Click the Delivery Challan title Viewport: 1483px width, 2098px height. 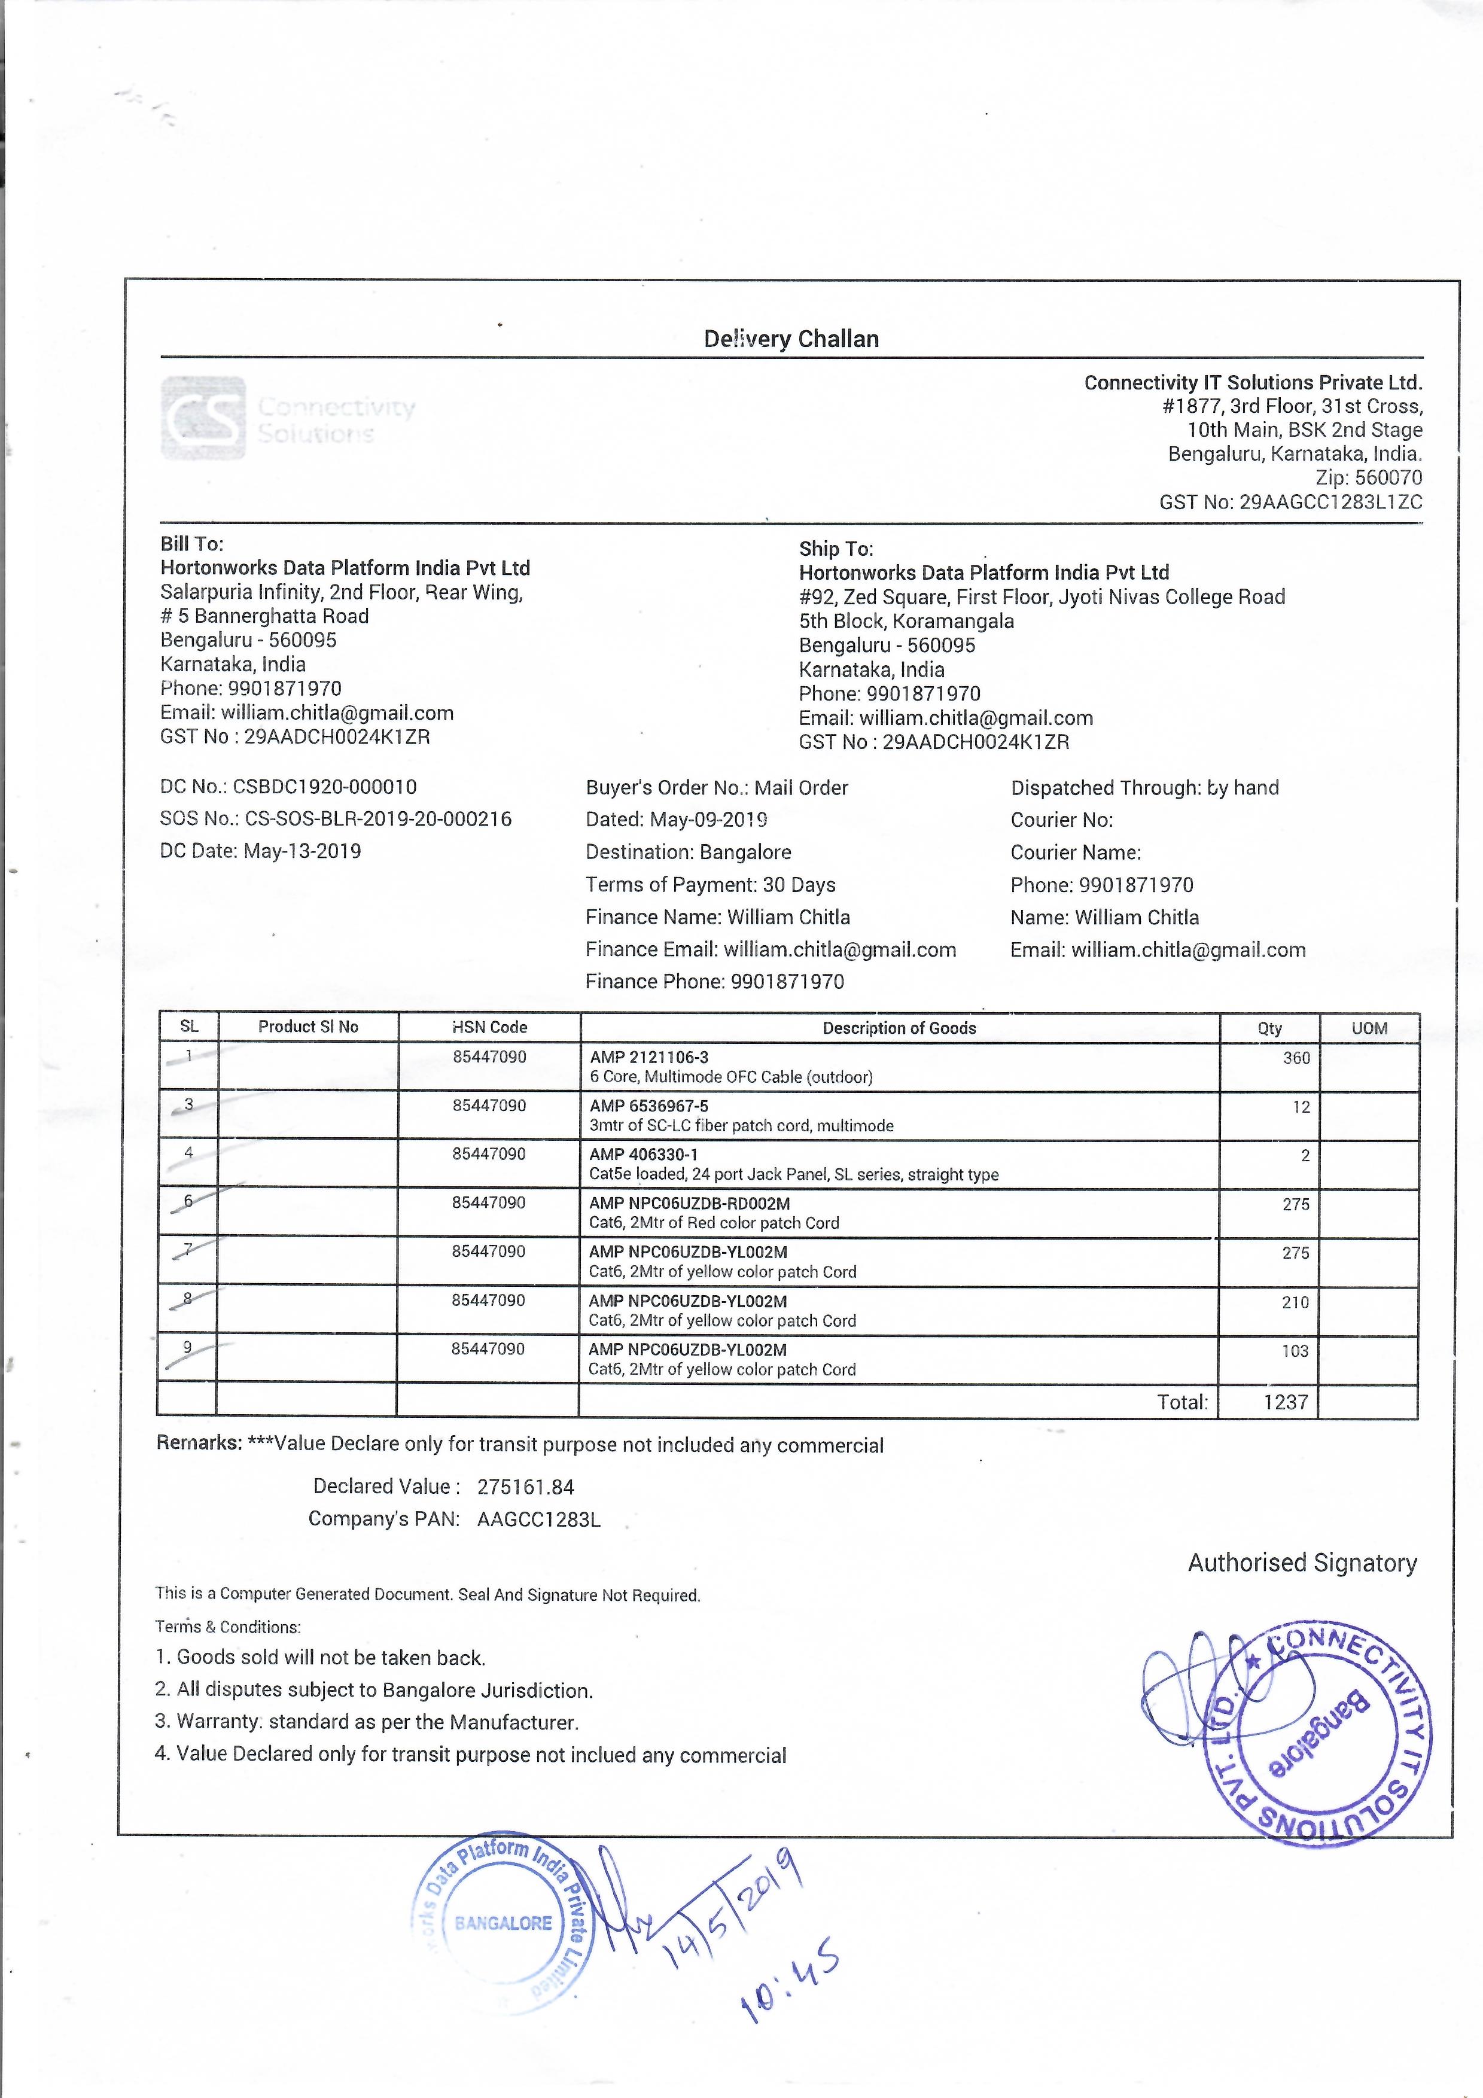point(791,339)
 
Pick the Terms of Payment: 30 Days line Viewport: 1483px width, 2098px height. point(710,885)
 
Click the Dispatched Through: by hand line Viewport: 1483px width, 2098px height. point(1144,788)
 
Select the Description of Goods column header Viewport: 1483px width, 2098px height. point(899,1028)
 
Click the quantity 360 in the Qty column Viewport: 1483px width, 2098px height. point(1296,1058)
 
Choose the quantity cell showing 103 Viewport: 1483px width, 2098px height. point(1295,1351)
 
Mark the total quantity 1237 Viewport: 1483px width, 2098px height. point(1286,1402)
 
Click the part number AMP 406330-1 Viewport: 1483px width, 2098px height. point(643,1154)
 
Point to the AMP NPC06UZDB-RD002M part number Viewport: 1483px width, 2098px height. point(689,1204)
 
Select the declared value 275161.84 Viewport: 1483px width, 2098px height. point(525,1487)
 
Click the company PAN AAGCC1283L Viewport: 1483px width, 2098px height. point(538,1520)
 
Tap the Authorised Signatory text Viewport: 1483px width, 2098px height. point(1302,1563)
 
